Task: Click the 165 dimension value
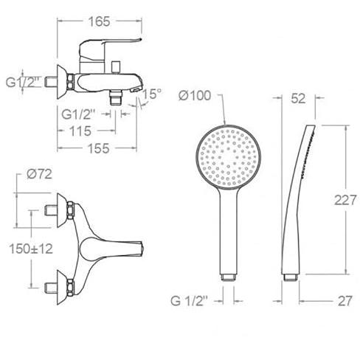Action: [x=99, y=21]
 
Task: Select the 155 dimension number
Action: [x=98, y=148]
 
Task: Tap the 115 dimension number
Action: [x=80, y=131]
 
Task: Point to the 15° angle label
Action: [x=152, y=94]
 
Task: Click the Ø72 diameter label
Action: [x=39, y=174]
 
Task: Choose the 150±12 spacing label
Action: [x=31, y=249]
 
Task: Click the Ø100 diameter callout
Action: [x=195, y=95]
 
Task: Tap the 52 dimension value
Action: [x=298, y=98]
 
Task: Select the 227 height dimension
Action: [x=345, y=200]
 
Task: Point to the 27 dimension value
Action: [x=345, y=301]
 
